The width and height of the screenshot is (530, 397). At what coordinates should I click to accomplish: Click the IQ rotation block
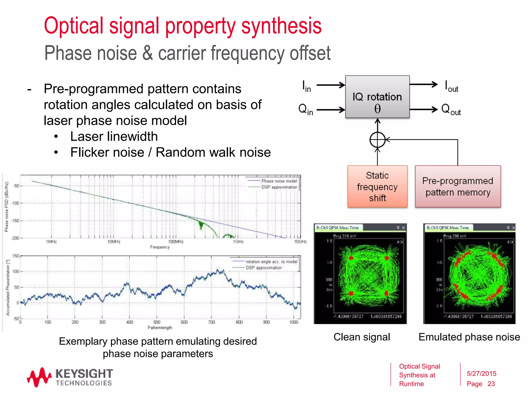(x=377, y=97)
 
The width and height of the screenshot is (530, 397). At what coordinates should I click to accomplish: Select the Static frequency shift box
(x=377, y=186)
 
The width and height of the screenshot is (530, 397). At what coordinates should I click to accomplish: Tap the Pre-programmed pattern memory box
(x=458, y=186)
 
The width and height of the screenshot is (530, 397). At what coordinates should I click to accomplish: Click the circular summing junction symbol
(x=378, y=140)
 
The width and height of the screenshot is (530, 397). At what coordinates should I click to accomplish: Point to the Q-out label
(x=451, y=110)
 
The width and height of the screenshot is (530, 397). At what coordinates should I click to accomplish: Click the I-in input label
(x=307, y=86)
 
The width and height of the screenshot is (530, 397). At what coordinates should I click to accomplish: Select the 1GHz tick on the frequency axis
(x=238, y=242)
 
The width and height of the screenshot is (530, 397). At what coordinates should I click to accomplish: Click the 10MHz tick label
(x=114, y=242)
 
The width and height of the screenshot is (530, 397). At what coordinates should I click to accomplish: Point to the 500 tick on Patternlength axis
(x=157, y=322)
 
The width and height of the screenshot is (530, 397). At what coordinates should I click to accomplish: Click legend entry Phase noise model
(x=279, y=181)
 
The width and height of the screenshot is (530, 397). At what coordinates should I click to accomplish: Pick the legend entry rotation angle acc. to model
(x=271, y=262)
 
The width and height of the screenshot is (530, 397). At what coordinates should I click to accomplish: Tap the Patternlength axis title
(x=160, y=328)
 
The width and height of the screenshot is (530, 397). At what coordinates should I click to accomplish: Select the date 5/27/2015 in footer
(x=481, y=373)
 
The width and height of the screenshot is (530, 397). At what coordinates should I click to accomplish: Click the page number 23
(x=491, y=384)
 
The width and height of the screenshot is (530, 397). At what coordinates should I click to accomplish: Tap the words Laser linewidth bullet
(x=114, y=136)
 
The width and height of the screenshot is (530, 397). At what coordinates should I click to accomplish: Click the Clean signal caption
(x=362, y=337)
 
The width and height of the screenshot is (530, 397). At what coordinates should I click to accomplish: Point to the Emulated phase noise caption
(x=469, y=337)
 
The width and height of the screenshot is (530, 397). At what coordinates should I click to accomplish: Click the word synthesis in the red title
(x=281, y=26)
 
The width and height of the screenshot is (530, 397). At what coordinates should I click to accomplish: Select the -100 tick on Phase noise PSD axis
(x=16, y=203)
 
